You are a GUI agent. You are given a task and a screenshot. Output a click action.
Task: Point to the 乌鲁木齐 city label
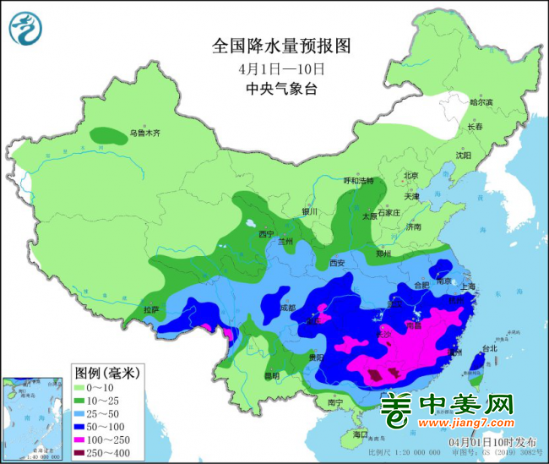click(144, 133)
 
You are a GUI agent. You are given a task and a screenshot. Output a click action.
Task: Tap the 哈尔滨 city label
click(481, 102)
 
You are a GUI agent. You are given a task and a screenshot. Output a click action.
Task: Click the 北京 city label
click(411, 176)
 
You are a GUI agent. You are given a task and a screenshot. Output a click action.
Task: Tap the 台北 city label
click(488, 347)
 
